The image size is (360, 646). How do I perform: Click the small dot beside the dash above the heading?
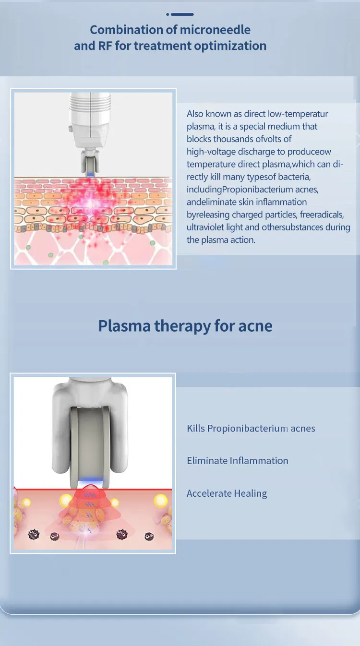pos(168,14)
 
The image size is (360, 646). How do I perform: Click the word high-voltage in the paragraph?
pos(211,152)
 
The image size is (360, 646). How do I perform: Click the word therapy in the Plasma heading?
pos(183,326)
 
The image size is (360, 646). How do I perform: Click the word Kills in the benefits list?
pos(195,429)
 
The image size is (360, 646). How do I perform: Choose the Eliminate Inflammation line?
pos(238,461)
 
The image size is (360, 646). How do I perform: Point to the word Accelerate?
pos(209,493)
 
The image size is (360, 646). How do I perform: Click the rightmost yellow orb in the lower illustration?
pos(160,502)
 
